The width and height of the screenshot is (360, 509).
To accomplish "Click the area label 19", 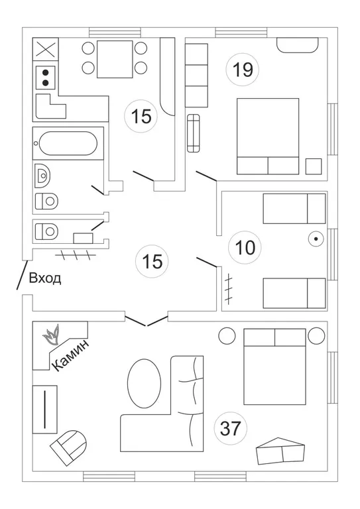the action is (x=243, y=70).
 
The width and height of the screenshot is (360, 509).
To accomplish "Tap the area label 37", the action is (x=231, y=428).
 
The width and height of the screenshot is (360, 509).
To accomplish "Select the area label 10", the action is (x=245, y=248).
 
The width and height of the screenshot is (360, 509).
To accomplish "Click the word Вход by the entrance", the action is (x=45, y=278).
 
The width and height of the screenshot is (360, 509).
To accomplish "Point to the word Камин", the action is (x=70, y=355).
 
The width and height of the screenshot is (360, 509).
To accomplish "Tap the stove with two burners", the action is (x=46, y=78).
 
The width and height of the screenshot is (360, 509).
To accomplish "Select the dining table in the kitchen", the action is (x=115, y=59).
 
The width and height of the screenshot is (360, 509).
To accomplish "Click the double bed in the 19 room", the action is (x=268, y=137).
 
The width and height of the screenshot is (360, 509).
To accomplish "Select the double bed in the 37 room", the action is (x=274, y=367).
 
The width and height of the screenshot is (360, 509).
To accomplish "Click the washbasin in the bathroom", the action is (x=42, y=176).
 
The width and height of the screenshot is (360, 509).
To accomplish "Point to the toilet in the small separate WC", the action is (x=46, y=231).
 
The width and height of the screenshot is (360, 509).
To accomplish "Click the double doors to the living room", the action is (x=147, y=321).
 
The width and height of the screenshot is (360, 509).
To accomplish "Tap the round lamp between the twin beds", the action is (x=316, y=239).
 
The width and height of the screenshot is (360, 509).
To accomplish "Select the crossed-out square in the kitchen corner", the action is (x=46, y=49).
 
